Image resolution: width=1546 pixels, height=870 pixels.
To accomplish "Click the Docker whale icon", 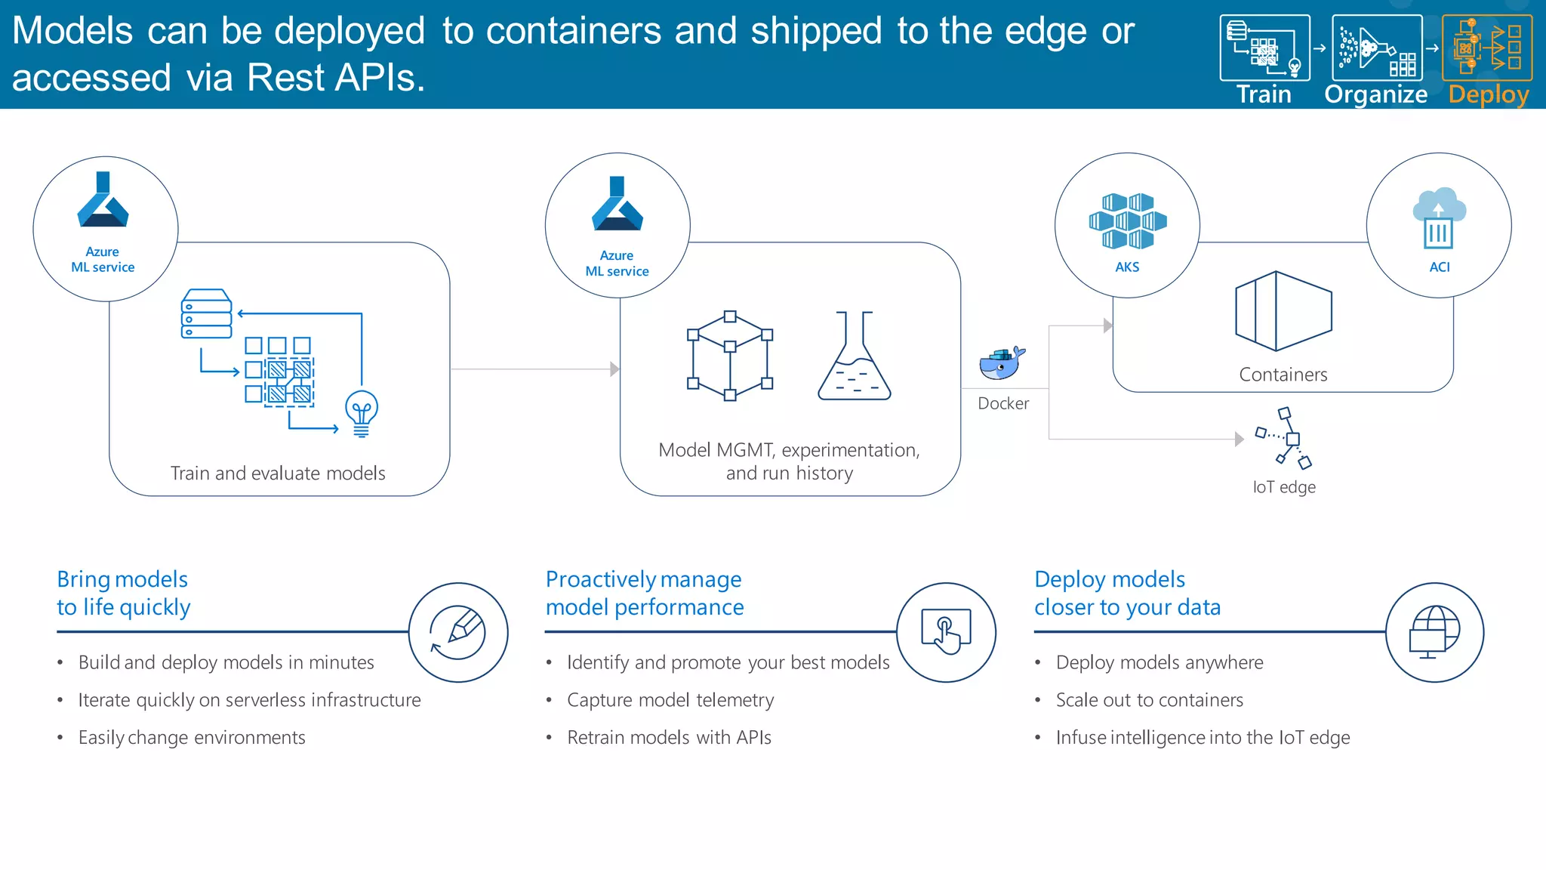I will point(1002,363).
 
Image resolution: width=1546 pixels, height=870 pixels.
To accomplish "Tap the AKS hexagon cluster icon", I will point(1128,221).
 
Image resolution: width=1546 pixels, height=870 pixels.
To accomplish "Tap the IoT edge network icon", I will point(1285,438).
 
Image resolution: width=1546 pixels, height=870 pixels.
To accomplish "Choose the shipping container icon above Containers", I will point(1283,311).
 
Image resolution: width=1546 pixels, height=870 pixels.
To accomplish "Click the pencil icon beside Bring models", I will point(458,633).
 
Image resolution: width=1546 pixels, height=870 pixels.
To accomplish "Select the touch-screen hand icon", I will point(946,631).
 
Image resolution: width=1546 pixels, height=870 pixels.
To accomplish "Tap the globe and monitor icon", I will point(1434,632).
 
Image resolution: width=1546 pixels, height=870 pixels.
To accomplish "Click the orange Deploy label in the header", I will point(1489,94).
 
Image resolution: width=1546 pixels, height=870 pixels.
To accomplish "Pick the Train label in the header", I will point(1264,94).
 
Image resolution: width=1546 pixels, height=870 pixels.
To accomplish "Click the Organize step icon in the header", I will point(1377,48).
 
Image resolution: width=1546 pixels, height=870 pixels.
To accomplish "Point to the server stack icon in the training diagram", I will point(206,313).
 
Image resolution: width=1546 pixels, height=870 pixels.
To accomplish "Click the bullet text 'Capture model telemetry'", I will point(670,700).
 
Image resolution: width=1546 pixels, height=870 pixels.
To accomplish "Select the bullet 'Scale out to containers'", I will point(1149,700).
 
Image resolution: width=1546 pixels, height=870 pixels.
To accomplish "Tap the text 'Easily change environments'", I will point(192,738).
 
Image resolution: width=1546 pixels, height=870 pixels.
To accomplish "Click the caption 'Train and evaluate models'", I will point(278,474).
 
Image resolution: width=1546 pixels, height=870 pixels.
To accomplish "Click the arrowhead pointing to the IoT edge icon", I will point(1239,440).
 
